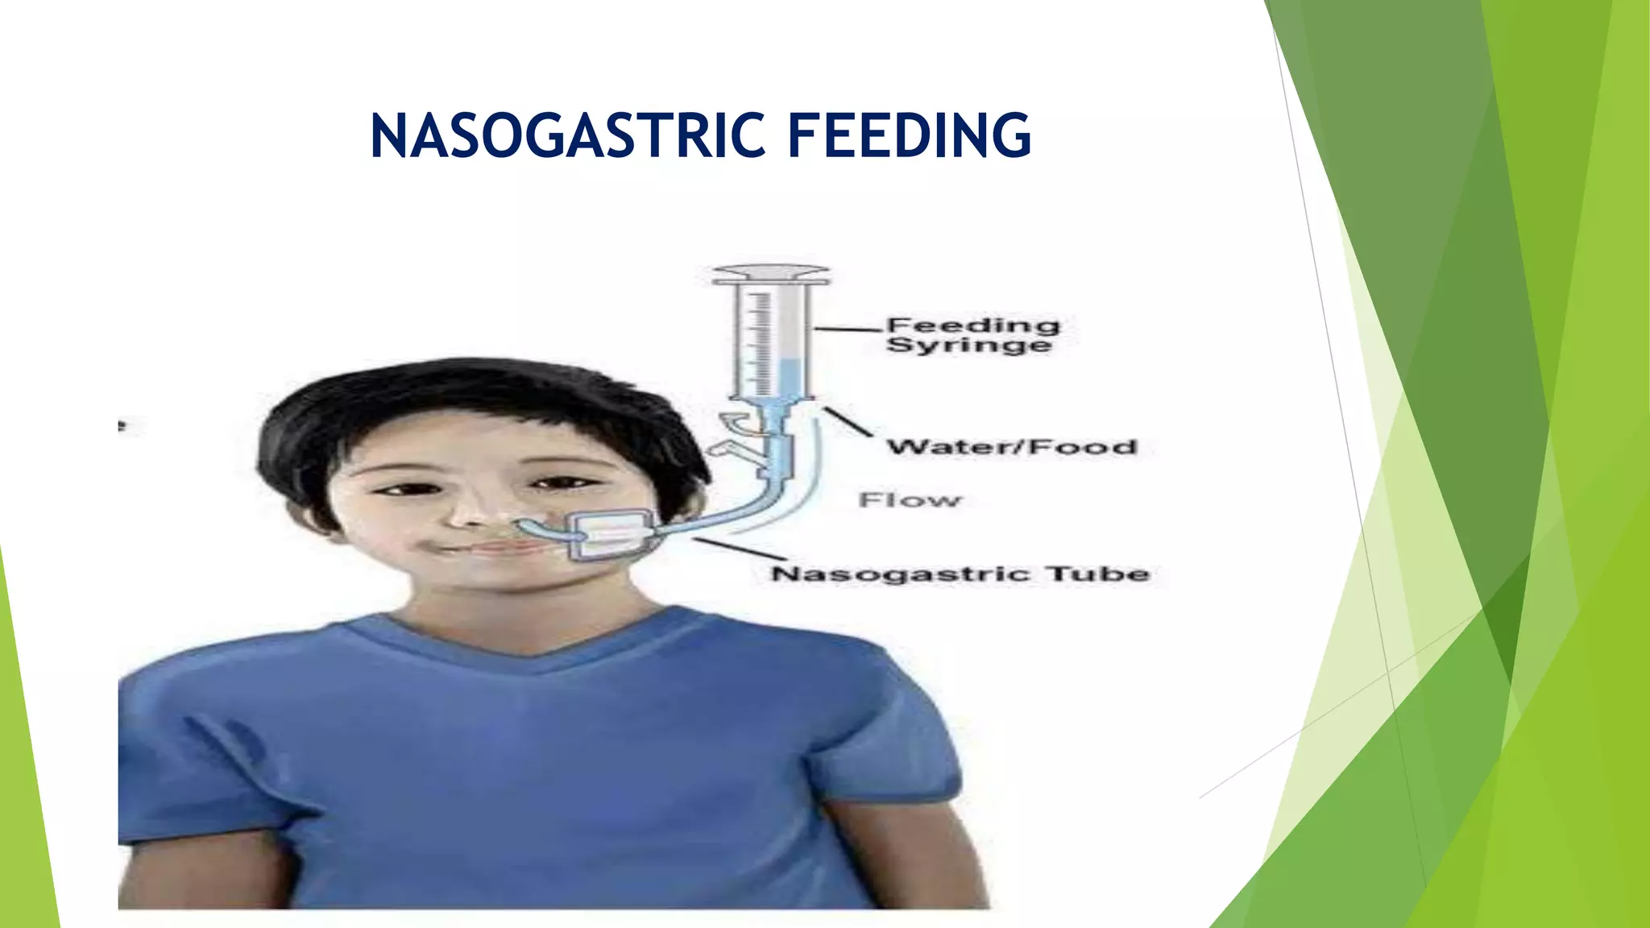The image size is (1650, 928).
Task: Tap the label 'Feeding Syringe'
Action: [x=972, y=335]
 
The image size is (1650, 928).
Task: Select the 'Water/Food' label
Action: [x=1012, y=447]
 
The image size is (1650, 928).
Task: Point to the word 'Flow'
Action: [x=910, y=500]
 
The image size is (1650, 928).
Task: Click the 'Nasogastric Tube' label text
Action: [x=960, y=574]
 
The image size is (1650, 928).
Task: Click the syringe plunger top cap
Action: [x=771, y=275]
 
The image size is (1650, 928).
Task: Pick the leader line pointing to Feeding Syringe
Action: [x=848, y=329]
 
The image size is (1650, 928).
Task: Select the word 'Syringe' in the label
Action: [x=969, y=346]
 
